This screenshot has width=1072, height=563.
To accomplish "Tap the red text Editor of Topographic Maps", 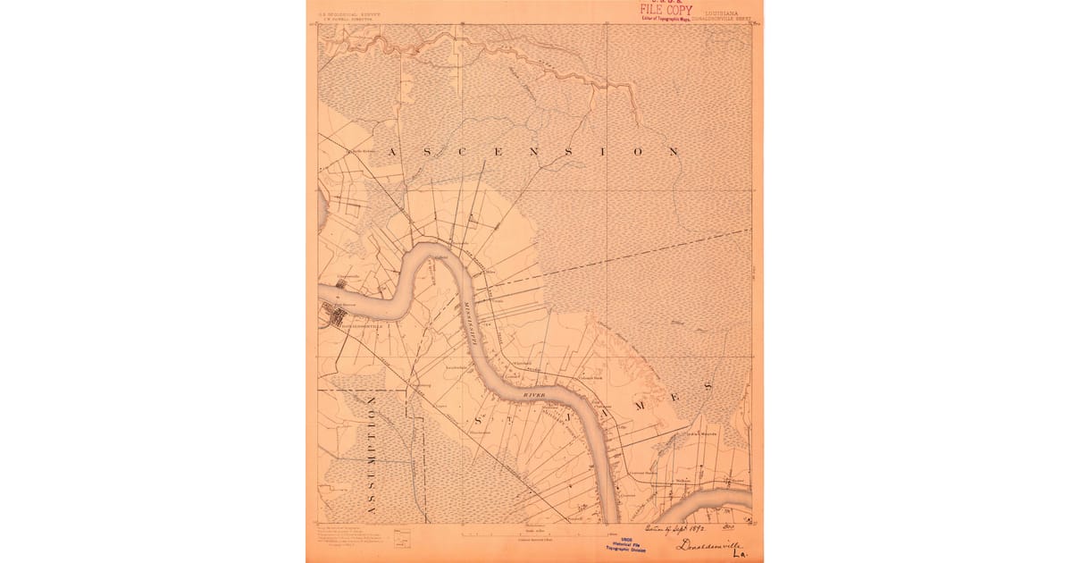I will point(666,18).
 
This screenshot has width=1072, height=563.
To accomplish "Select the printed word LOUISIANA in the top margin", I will point(727,13).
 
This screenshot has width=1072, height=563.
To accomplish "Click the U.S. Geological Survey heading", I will point(344,13).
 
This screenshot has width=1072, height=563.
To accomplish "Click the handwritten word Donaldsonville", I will point(708,545).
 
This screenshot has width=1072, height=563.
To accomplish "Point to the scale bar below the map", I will point(536,534).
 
